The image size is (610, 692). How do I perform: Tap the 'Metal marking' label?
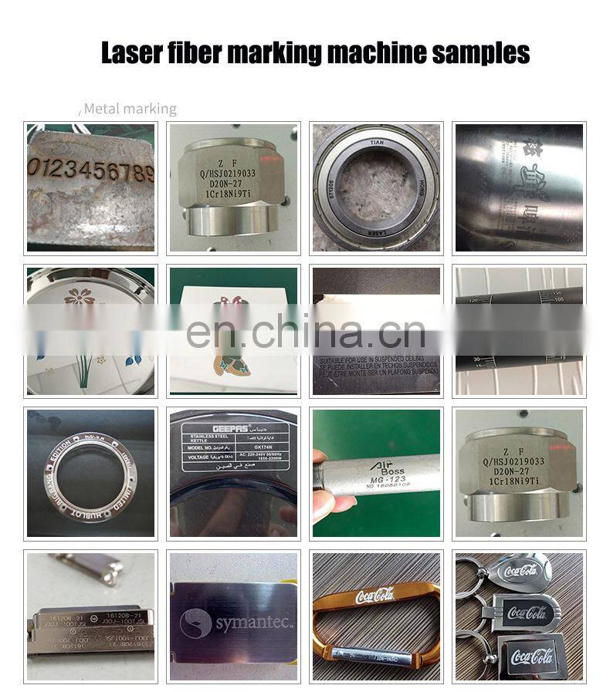click(130, 109)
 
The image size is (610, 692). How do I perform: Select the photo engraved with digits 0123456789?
click(90, 187)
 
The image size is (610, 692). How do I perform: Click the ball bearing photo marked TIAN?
click(376, 187)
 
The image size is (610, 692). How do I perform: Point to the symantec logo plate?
click(233, 616)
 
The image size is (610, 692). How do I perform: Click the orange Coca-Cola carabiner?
click(376, 616)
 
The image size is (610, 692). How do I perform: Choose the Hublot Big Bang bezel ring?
click(90, 473)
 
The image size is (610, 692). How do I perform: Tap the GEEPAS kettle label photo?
click(233, 473)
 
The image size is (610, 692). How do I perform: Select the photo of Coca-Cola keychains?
click(519, 616)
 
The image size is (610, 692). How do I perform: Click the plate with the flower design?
click(90, 330)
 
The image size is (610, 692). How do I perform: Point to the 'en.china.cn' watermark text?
click(306, 333)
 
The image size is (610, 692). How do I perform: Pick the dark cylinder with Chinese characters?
click(519, 187)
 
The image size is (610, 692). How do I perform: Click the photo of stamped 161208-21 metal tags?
click(90, 616)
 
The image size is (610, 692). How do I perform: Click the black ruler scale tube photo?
click(519, 330)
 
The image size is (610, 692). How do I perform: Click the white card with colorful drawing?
click(233, 330)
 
